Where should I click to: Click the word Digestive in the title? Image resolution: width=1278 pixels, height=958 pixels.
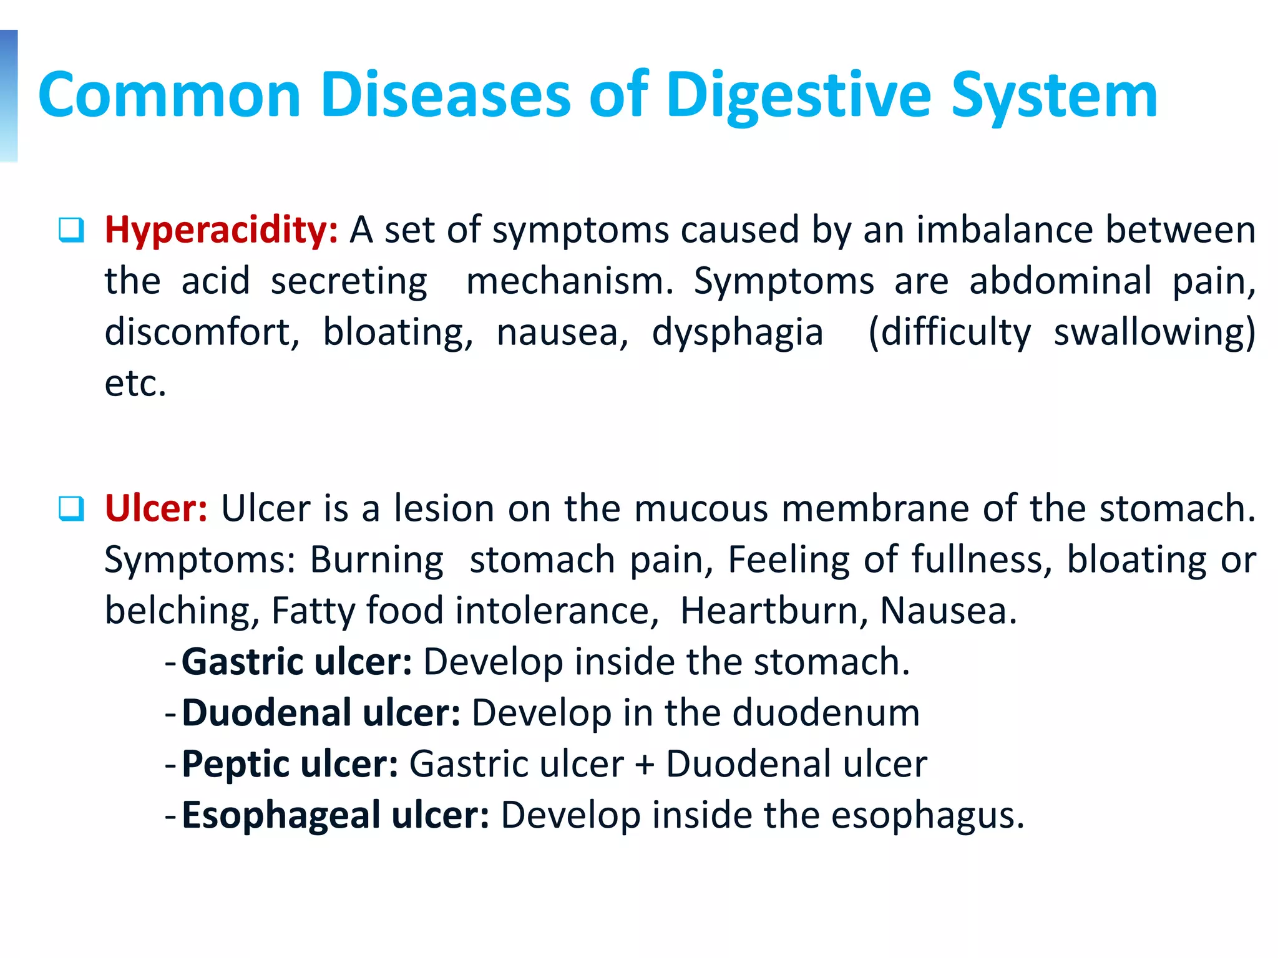[x=799, y=97]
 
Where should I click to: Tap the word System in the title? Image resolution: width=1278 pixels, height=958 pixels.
[x=1055, y=97]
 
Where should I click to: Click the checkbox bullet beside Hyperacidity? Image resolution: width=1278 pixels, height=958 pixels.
[x=71, y=230]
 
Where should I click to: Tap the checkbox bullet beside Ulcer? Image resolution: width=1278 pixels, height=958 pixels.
[x=71, y=508]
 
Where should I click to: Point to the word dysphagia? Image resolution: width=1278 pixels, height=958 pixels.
[x=738, y=332]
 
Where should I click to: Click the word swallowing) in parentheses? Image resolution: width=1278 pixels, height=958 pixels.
[x=1154, y=332]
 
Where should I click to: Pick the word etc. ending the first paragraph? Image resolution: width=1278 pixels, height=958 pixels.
[x=135, y=384]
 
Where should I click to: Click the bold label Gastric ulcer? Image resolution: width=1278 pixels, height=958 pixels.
[x=297, y=662]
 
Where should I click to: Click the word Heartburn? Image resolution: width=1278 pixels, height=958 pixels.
[x=774, y=611]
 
